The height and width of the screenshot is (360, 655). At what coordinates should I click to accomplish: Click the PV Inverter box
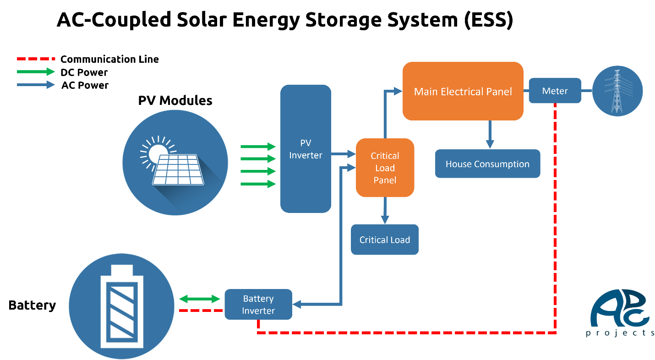tap(306, 149)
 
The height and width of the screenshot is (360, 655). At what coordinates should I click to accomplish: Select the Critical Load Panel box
tap(385, 168)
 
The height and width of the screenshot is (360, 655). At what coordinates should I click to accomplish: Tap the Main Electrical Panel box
tap(463, 92)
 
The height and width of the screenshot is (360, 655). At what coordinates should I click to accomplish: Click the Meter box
tap(555, 91)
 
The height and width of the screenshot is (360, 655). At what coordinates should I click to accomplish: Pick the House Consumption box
tap(487, 164)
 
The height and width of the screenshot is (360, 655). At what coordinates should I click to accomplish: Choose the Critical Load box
tap(385, 240)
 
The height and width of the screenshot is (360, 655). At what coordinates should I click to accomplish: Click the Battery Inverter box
tap(258, 305)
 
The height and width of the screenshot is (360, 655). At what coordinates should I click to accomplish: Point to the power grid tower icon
tap(617, 91)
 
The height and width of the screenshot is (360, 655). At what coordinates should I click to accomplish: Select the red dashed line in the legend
tap(36, 59)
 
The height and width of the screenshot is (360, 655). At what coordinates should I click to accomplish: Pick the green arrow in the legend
tap(36, 72)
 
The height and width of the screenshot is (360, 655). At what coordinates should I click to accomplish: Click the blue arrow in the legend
tap(36, 85)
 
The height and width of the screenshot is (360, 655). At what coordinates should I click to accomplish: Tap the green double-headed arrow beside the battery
tap(199, 299)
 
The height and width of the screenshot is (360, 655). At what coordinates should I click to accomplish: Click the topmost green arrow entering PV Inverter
tap(258, 147)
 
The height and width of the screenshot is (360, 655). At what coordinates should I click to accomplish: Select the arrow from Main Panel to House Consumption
tap(490, 135)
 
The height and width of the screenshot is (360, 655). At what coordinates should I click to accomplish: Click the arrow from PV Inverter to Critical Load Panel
tap(344, 154)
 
